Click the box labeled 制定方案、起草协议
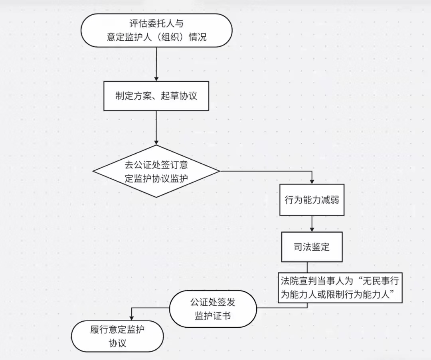click(x=156, y=96)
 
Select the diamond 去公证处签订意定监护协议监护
click(x=156, y=171)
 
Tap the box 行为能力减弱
click(x=312, y=200)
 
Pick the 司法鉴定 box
click(x=312, y=247)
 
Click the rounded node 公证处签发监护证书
click(x=213, y=309)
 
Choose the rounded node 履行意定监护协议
click(x=117, y=336)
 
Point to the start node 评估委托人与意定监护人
click(x=156, y=31)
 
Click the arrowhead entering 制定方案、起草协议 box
click(x=156, y=78)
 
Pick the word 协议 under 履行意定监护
click(x=117, y=343)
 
